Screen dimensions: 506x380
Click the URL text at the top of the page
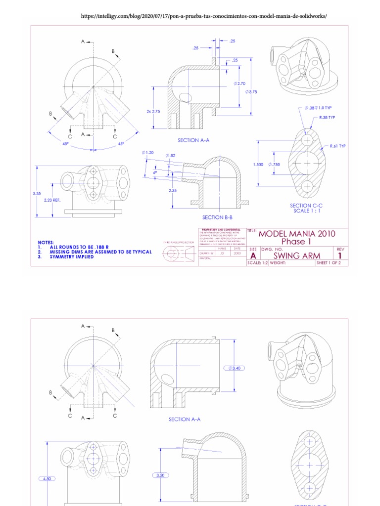(x=204, y=16)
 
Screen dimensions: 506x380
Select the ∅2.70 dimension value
(x=239, y=84)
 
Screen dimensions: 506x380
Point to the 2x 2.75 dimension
(x=153, y=112)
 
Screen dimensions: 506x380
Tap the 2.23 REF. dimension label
(x=52, y=200)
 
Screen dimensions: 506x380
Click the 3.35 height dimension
(x=37, y=194)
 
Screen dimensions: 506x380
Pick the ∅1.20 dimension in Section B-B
(x=147, y=153)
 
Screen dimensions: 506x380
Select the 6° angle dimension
(x=155, y=172)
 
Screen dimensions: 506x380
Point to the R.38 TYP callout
(x=327, y=118)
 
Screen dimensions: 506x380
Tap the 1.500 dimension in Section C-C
(x=258, y=165)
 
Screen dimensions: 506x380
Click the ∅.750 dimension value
(x=274, y=165)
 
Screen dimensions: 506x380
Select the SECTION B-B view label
(x=217, y=217)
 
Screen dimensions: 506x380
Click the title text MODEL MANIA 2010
(x=297, y=234)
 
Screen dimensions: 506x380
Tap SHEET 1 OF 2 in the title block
(x=332, y=263)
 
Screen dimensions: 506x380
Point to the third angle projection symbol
(x=177, y=253)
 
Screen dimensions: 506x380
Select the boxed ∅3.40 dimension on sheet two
(x=234, y=368)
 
